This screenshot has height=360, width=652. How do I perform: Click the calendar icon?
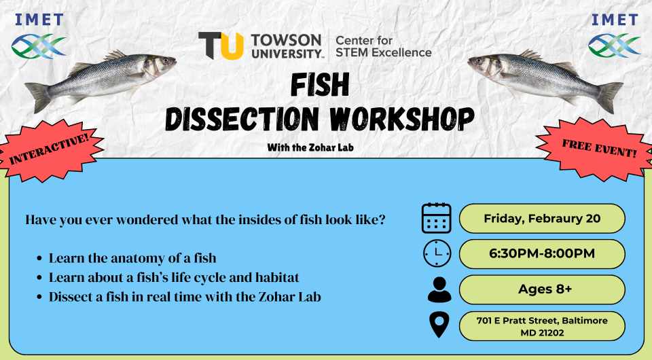[436, 218]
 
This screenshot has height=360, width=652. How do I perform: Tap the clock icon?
[436, 253]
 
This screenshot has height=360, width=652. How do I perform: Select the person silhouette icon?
[439, 289]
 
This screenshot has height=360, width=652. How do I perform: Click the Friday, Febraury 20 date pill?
[542, 218]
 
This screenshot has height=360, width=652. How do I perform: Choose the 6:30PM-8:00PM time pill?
[542, 253]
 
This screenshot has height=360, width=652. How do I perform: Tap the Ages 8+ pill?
[542, 289]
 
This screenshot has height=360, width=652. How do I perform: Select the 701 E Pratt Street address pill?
[542, 325]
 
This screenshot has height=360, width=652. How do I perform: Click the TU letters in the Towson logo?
[221, 45]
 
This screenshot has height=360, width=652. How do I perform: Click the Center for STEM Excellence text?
[384, 46]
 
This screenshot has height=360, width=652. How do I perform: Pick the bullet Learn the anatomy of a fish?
[132, 258]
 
